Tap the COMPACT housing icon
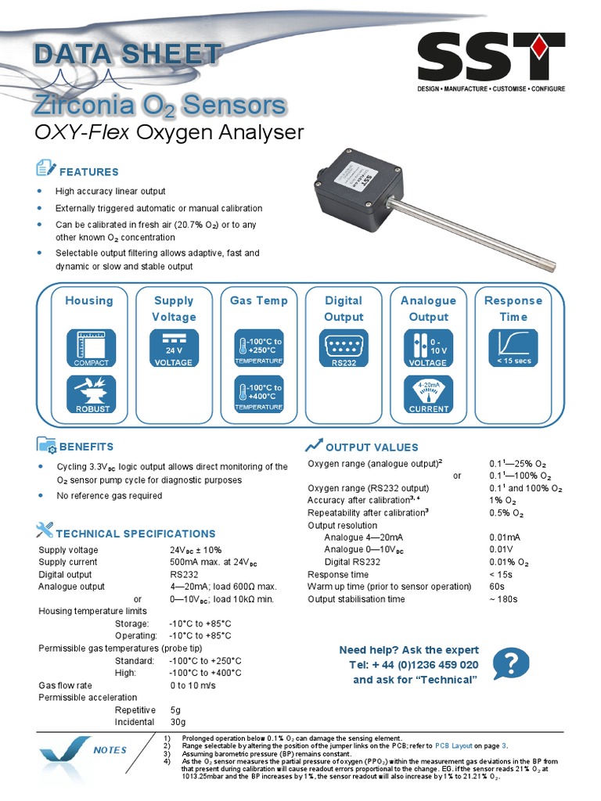[92, 348]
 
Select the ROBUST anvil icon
[92, 393]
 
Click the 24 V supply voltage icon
[173, 348]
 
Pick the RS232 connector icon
[344, 348]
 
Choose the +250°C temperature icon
[258, 348]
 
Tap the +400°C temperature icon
[258, 393]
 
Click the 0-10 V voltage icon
[428, 348]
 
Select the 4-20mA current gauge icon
[428, 393]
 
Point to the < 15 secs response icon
[513, 348]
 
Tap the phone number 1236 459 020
[437, 665]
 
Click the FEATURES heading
[89, 172]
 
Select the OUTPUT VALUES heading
[372, 447]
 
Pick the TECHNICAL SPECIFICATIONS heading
[135, 533]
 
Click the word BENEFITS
[87, 447]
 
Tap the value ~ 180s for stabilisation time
[503, 599]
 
